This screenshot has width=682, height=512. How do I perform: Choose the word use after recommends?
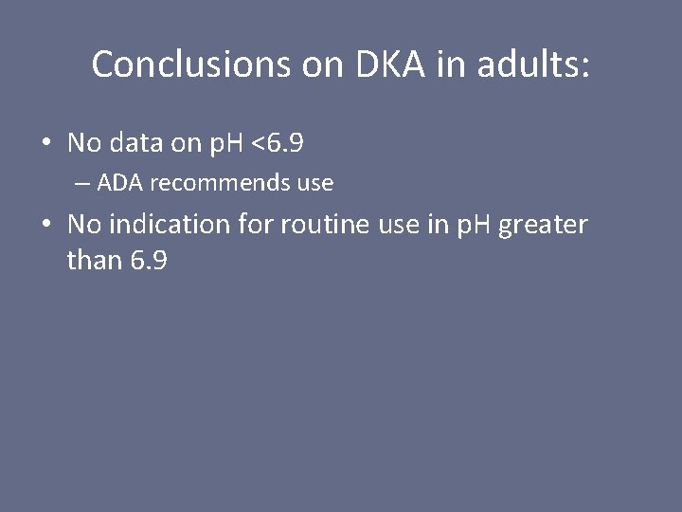315,183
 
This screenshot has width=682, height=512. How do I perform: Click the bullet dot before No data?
45,144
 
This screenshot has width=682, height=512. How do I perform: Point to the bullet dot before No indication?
45,226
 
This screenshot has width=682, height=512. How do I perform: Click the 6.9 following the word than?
149,260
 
